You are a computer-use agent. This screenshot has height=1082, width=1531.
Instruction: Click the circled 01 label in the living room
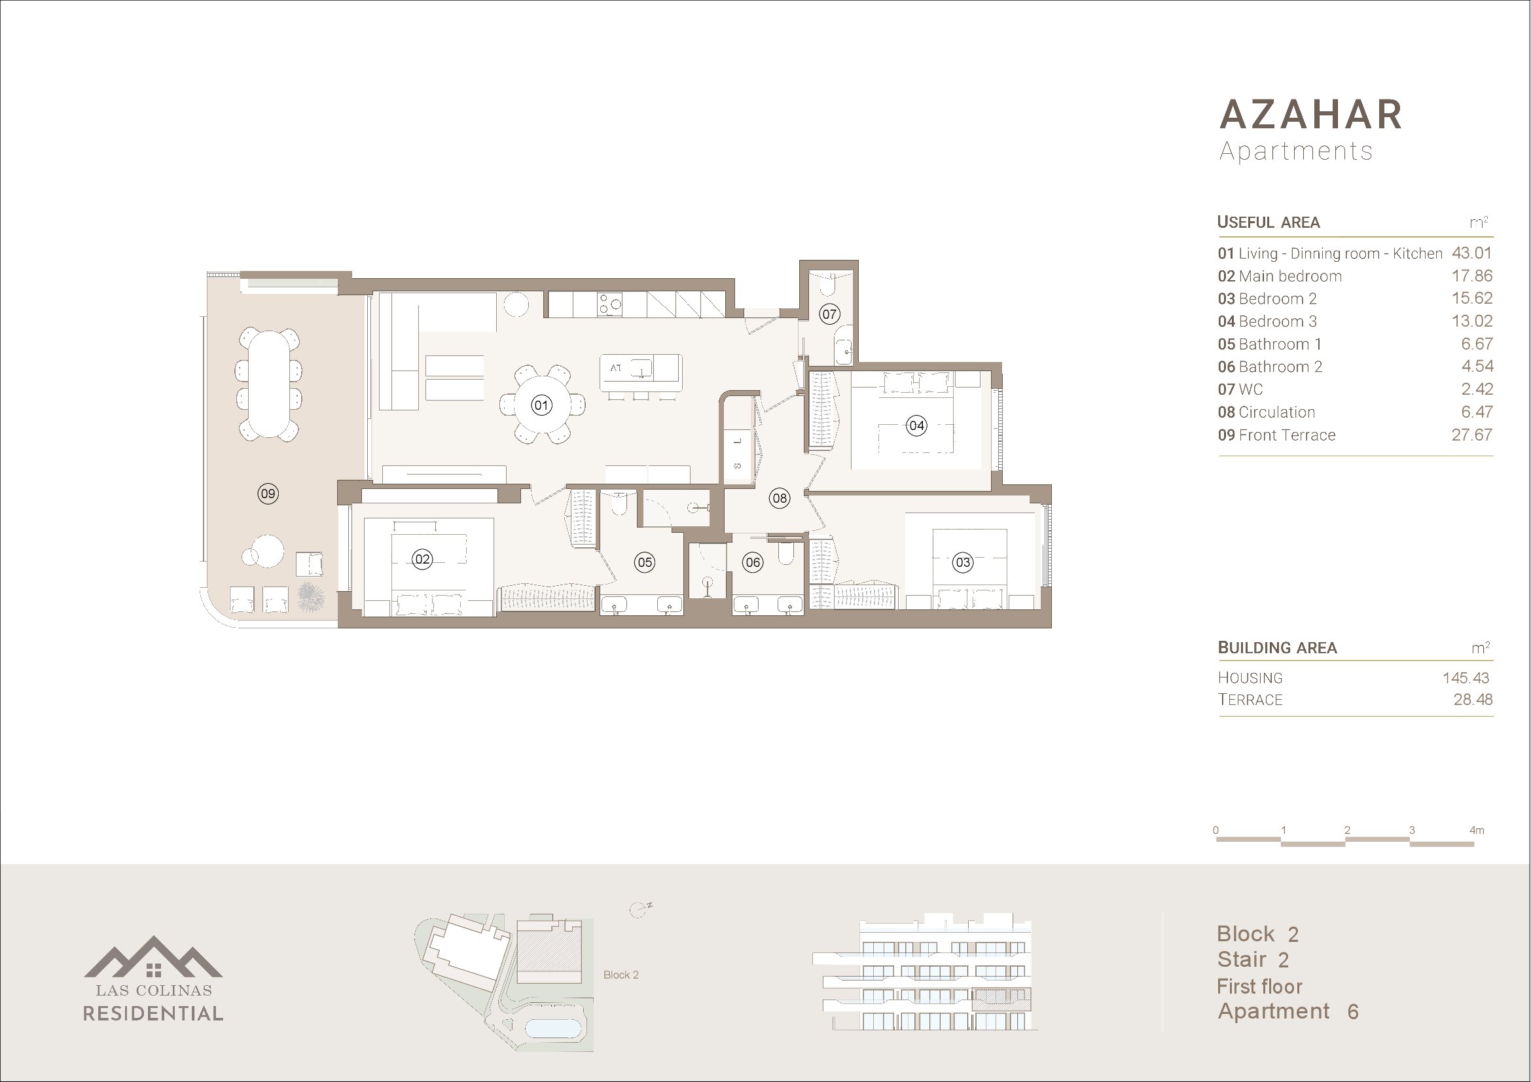(x=541, y=405)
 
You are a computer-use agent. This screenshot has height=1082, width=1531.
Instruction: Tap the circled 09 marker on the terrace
(x=268, y=494)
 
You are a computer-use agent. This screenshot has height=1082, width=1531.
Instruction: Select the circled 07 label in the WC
(x=829, y=314)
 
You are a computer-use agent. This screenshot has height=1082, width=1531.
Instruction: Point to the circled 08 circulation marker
(x=779, y=498)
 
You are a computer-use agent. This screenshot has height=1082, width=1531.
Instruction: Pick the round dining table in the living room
(x=541, y=405)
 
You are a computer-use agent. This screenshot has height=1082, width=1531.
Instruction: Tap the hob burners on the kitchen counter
(x=610, y=304)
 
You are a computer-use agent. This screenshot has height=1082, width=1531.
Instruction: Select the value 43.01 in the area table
(x=1471, y=253)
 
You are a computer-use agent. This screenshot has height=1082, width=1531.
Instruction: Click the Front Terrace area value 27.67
(x=1471, y=435)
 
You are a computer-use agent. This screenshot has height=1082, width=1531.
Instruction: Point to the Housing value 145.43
(x=1466, y=678)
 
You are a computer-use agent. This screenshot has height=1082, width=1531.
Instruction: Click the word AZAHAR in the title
(x=1311, y=115)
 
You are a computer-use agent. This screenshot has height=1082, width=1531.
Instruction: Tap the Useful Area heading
(x=1269, y=222)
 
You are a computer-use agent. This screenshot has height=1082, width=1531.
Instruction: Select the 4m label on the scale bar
(x=1476, y=830)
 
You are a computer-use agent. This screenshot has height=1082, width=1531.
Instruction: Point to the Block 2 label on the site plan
(x=621, y=975)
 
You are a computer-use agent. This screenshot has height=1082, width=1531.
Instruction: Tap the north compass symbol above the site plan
(x=640, y=909)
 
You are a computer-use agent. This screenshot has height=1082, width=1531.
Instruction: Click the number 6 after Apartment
(x=1353, y=1012)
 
